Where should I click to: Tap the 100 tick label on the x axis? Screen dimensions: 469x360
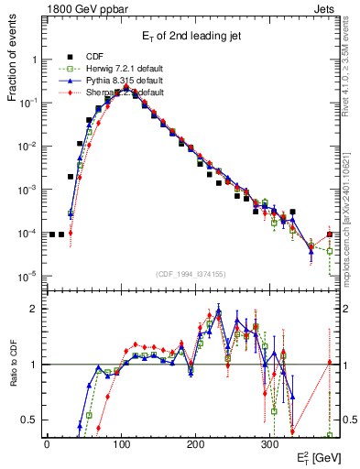click(x=121, y=443)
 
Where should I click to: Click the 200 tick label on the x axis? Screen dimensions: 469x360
click(x=195, y=443)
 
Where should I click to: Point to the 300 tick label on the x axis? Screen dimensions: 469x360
click(x=269, y=443)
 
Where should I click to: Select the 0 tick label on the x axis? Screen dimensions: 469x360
click(x=47, y=443)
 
